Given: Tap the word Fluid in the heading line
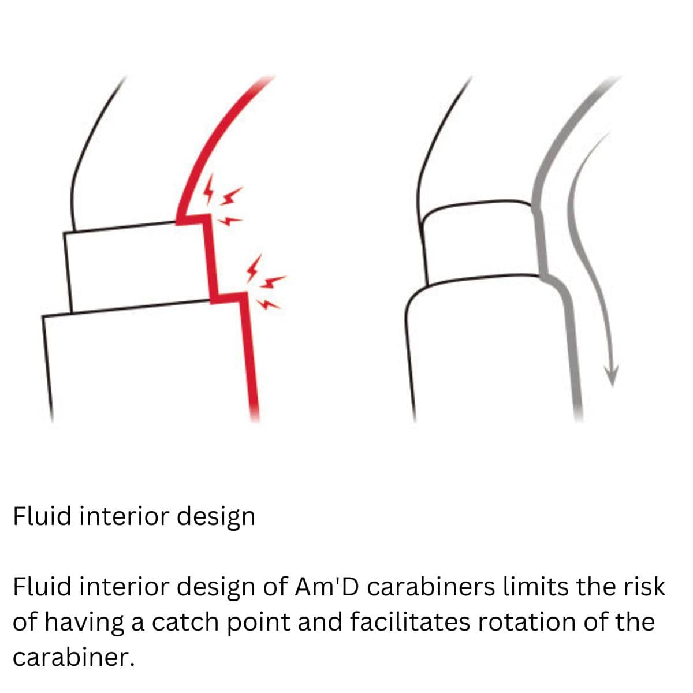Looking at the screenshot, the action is [x=42, y=516].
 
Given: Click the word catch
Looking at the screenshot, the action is [x=185, y=622].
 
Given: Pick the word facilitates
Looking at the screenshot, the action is [x=410, y=622].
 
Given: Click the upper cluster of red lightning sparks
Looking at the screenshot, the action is [x=223, y=200].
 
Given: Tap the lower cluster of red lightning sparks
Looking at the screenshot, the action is [x=266, y=282].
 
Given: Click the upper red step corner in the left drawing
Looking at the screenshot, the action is [x=206, y=217].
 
